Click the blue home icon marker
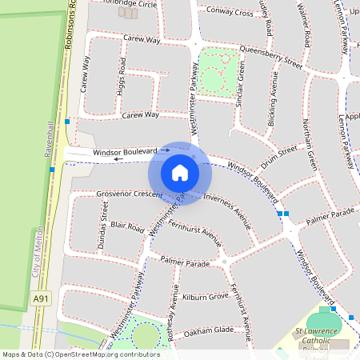click(x=180, y=173)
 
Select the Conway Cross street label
click(x=230, y=12)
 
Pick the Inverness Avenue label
click(x=226, y=210)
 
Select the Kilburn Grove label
click(x=205, y=297)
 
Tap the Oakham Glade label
click(x=208, y=330)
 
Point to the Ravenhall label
click(x=50, y=137)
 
